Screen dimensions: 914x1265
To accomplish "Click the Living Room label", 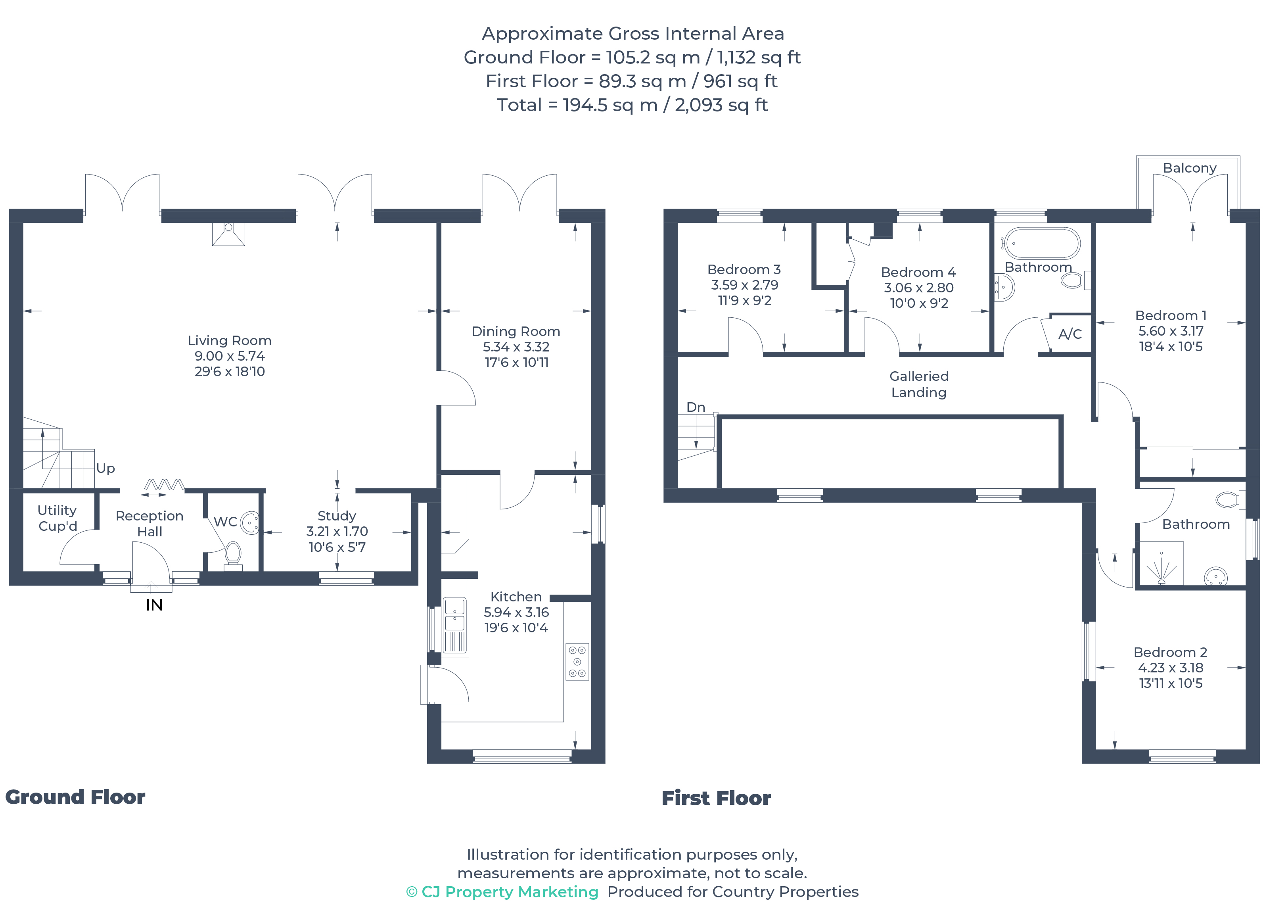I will click(229, 340).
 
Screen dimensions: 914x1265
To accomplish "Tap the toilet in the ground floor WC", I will click(233, 554).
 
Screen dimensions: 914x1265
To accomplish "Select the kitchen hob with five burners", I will click(577, 662).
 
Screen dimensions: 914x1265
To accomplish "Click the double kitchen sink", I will click(454, 614).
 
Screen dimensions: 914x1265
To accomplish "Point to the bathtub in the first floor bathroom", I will click(1042, 243).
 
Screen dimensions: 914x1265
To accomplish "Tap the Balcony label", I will click(1189, 168).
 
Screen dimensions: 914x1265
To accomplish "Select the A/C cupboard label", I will click(1070, 334).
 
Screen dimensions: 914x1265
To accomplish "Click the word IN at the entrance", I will click(154, 605).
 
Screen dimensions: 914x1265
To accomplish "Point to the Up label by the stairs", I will click(105, 468).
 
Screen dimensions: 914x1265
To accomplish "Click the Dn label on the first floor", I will click(696, 407).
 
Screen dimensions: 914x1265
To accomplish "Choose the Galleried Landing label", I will click(919, 384).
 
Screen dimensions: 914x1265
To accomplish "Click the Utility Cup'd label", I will click(57, 518).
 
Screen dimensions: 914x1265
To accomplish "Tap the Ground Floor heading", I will click(75, 797).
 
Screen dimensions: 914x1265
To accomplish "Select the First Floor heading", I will click(716, 798).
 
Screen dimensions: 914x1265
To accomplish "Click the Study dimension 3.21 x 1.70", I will click(337, 531).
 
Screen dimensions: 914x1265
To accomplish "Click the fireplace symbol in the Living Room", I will click(228, 234).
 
